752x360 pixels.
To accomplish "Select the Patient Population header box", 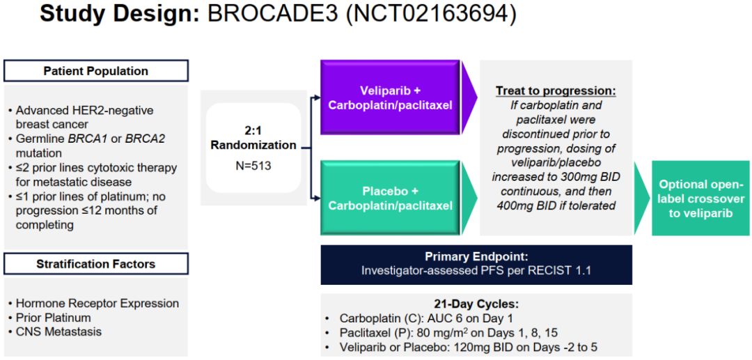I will point(96,71).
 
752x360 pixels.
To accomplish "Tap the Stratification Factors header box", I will point(96,264).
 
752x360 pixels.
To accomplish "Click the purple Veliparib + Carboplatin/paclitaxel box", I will point(390,97).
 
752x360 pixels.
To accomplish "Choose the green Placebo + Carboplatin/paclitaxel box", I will point(390,198).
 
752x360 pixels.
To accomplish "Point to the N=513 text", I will point(253,166).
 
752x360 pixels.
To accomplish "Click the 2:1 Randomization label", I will point(253,138).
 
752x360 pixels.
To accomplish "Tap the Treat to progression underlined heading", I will point(556,91).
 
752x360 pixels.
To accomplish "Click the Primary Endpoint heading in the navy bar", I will point(476,256).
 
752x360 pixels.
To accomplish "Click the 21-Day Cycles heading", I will point(476,304).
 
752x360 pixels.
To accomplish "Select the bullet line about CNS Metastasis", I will point(58,331).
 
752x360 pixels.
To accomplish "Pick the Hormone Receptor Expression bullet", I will point(97,304).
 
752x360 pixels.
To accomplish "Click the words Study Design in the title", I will point(119,15).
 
